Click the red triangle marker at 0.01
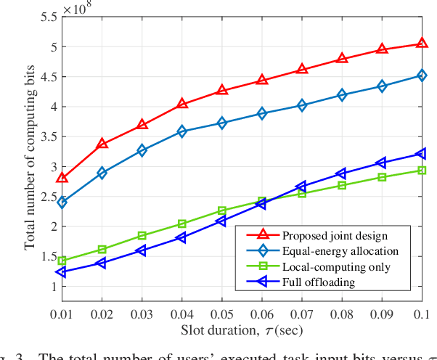pyautogui.click(x=62, y=178)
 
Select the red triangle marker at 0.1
pyautogui.click(x=421, y=44)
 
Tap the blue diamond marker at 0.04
pyautogui.click(x=182, y=131)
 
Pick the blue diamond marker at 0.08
pyautogui.click(x=341, y=95)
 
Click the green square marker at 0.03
pyautogui.click(x=142, y=235)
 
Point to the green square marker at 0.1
pyautogui.click(x=421, y=171)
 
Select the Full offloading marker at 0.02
pyautogui.click(x=102, y=263)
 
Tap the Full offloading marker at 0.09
pyautogui.click(x=381, y=163)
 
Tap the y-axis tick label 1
pyautogui.click(x=52, y=286)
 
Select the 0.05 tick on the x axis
pyautogui.click(x=221, y=313)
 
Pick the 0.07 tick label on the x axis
pyautogui.click(x=301, y=313)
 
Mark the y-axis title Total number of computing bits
pyautogui.click(x=30, y=157)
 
